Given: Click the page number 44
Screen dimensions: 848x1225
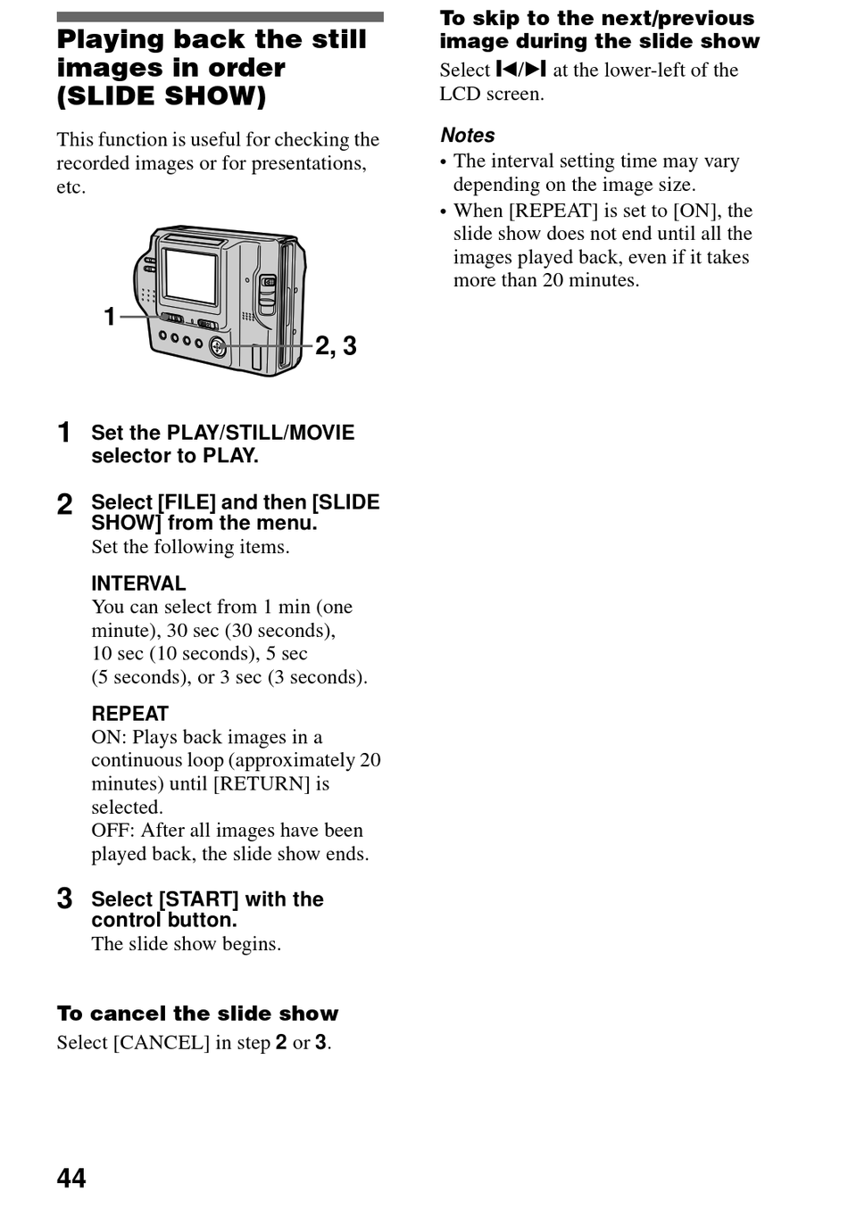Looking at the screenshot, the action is point(71,1178).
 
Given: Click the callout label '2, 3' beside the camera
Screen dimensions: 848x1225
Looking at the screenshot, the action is point(336,346).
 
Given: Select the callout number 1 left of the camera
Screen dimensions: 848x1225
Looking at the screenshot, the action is point(110,317).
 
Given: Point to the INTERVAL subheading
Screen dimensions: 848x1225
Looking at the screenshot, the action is point(138,584).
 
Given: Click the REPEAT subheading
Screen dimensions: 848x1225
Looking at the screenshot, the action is point(129,714).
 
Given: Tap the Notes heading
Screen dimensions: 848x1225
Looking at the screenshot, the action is point(468,136).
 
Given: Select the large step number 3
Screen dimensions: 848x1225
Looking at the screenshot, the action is point(65,898).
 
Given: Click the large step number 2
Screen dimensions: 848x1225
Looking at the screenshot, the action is point(65,504).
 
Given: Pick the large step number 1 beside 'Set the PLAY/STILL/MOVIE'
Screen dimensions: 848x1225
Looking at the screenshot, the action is point(64,433).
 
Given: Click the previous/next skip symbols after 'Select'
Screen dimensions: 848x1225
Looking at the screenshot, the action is point(521,70).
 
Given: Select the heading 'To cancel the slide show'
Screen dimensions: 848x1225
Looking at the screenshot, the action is point(198,1014).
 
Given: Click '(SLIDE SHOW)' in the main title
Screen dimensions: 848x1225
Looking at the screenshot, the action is point(162,96).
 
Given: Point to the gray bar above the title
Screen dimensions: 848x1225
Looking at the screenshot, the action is point(220,17).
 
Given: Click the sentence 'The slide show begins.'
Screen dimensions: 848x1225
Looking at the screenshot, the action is point(186,944).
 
